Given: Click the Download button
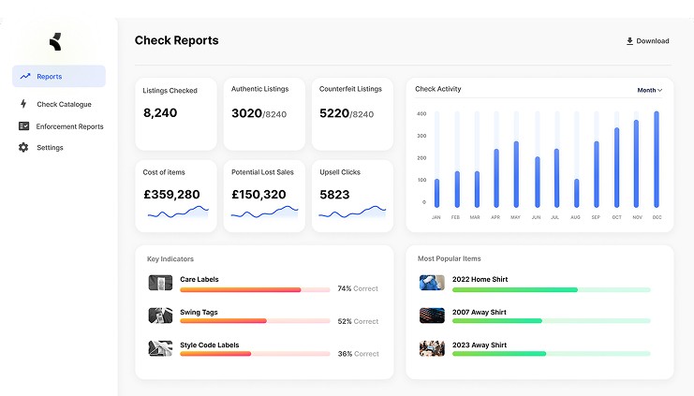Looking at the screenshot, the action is pyautogui.click(x=647, y=41).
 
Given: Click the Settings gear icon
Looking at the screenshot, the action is pyautogui.click(x=23, y=147).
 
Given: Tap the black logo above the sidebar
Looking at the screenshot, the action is pyautogui.click(x=55, y=41).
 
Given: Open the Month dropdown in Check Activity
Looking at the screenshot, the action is pyautogui.click(x=649, y=90).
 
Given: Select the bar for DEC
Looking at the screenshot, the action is pyautogui.click(x=657, y=159).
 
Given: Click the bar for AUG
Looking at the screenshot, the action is pyautogui.click(x=576, y=193).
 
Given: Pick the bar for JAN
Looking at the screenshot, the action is pyautogui.click(x=436, y=193).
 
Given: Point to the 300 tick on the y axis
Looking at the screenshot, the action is pyautogui.click(x=421, y=136).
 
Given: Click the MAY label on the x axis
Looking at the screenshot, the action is pyautogui.click(x=516, y=217).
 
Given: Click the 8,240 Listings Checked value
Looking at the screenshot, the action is pyautogui.click(x=160, y=113).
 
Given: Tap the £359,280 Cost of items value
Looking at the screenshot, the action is pyautogui.click(x=171, y=194).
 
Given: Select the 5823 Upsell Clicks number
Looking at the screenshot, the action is pyautogui.click(x=334, y=195).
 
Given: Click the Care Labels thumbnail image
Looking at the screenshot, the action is pyautogui.click(x=160, y=283).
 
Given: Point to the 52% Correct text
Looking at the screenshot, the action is pyautogui.click(x=358, y=321).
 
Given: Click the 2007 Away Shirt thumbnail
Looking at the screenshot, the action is pyautogui.click(x=432, y=315).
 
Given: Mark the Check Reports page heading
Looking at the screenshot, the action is pyautogui.click(x=177, y=40).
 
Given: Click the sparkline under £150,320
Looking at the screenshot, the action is pyautogui.click(x=265, y=213).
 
